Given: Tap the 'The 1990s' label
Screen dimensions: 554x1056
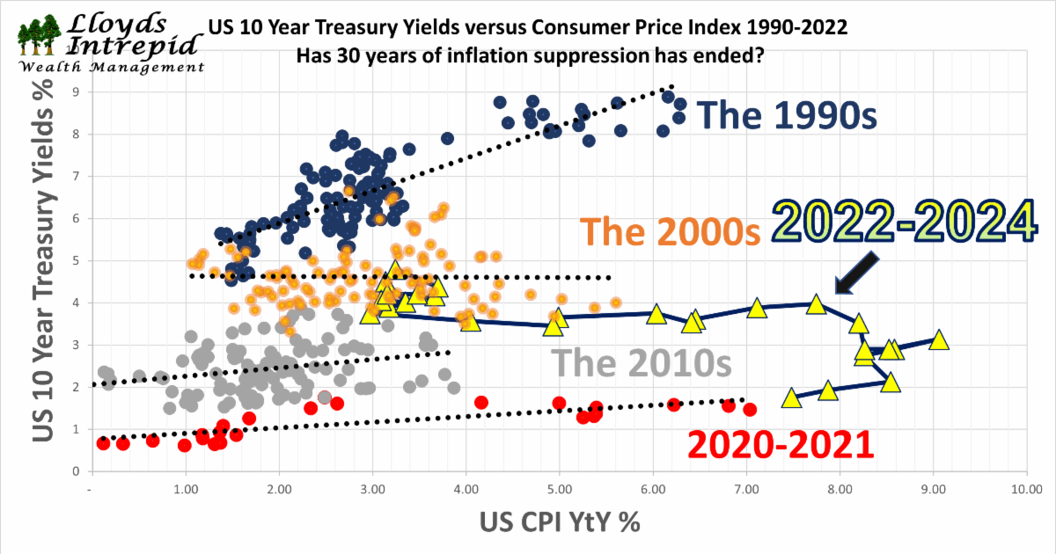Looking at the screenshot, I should pos(787,115).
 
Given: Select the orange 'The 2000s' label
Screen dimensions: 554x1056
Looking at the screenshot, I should pos(671,233).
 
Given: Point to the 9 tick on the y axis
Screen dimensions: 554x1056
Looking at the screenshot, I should pos(77,91).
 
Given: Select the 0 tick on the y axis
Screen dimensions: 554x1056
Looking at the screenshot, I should pos(77,471).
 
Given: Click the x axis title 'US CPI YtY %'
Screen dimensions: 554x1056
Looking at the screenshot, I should pos(560,522).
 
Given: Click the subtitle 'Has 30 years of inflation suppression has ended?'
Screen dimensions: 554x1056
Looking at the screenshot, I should pos(529,55).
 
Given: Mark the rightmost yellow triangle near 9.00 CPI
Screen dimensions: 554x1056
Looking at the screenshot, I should pos(939,340).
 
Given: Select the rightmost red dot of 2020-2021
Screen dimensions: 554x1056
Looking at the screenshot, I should pos(750,410).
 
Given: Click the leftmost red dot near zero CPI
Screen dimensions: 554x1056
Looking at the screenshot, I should pos(104,443).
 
